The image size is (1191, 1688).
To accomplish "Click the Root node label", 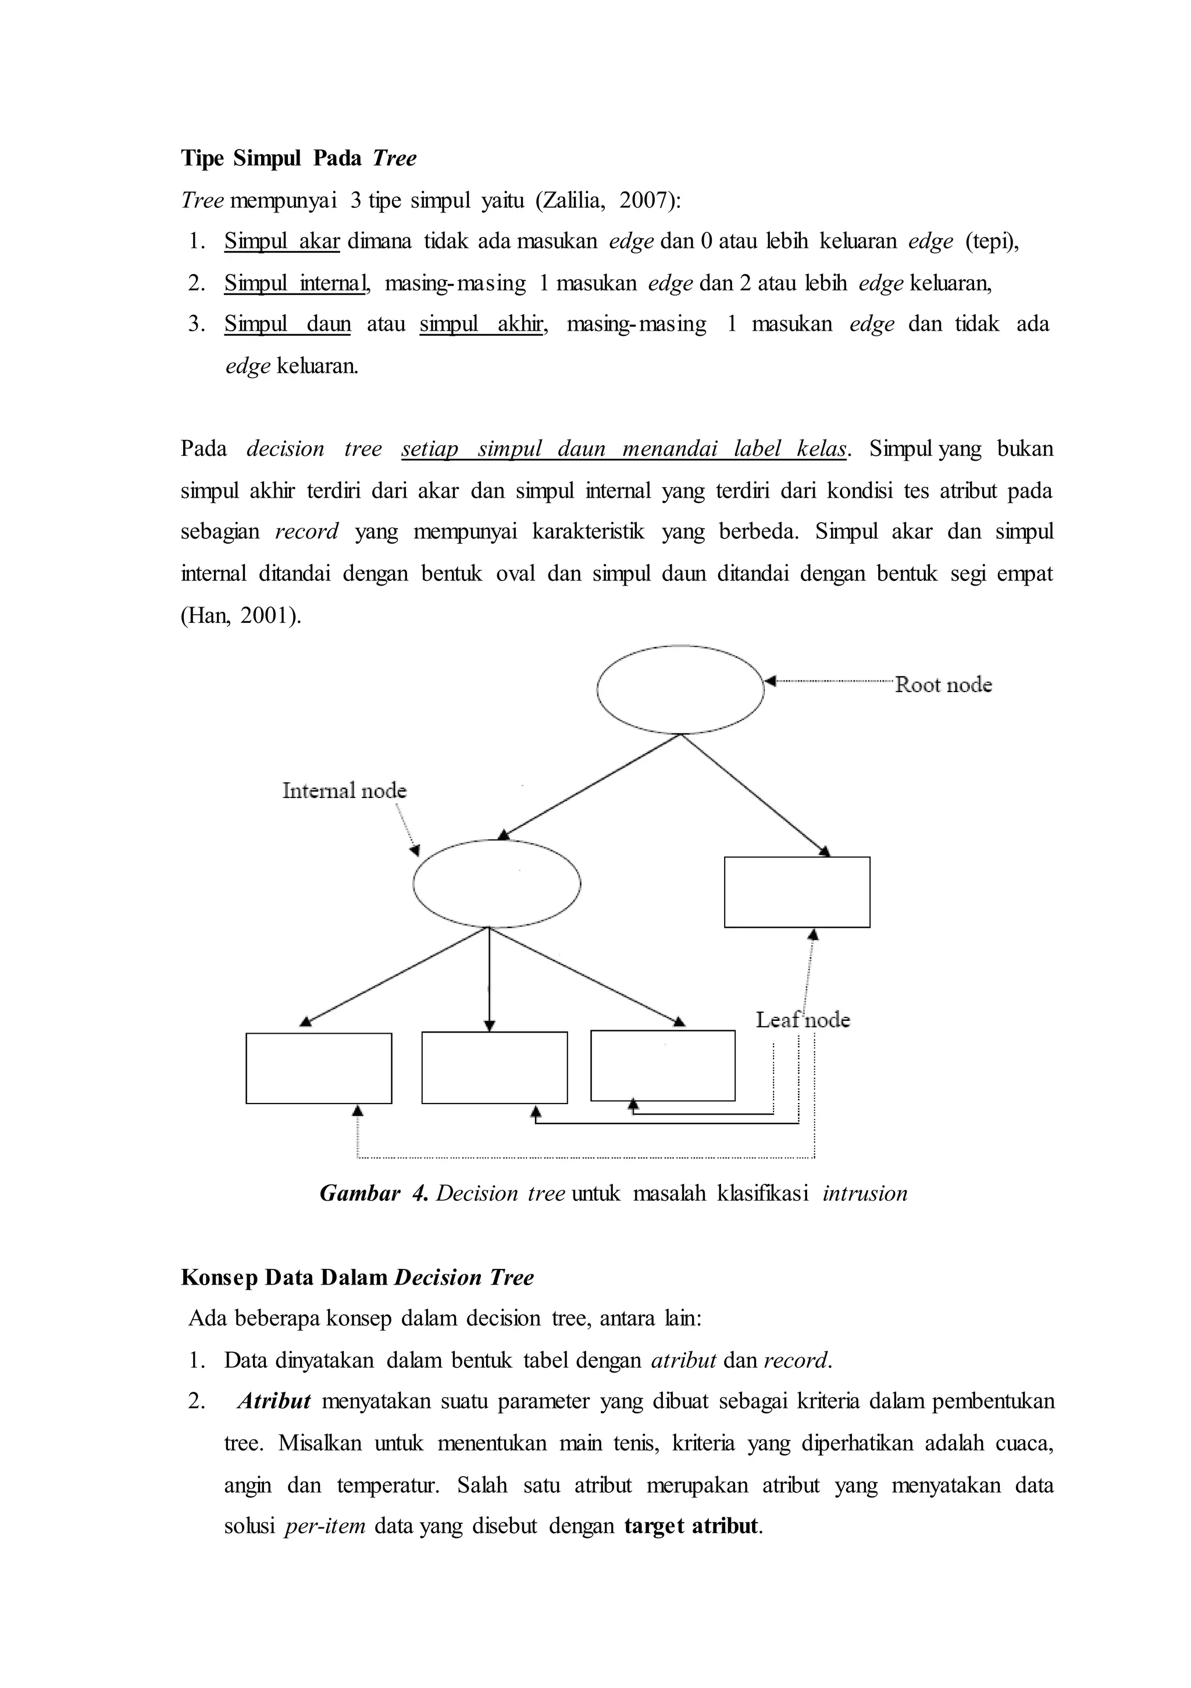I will coord(943,685).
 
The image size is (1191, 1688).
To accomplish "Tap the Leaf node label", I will coord(803,1020).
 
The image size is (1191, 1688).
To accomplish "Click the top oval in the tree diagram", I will coord(680,690).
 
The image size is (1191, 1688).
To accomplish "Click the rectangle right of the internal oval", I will coord(797,892).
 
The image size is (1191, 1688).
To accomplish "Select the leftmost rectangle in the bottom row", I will coord(318,1068).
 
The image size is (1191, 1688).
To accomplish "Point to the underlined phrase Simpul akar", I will coord(281,241).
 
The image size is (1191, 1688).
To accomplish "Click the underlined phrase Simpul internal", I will coord(295,283).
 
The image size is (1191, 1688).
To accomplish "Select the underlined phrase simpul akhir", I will coord(482,324).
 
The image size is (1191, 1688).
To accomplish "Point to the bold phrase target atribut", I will coord(692,1526).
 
